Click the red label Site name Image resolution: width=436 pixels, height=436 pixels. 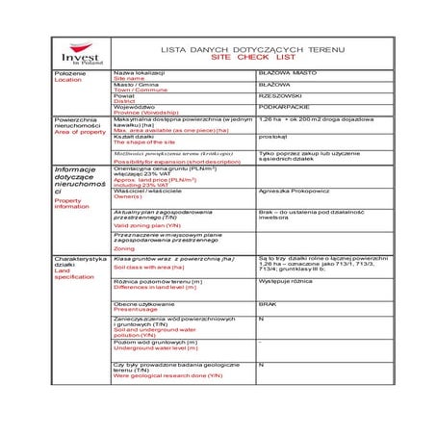coord(135,78)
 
